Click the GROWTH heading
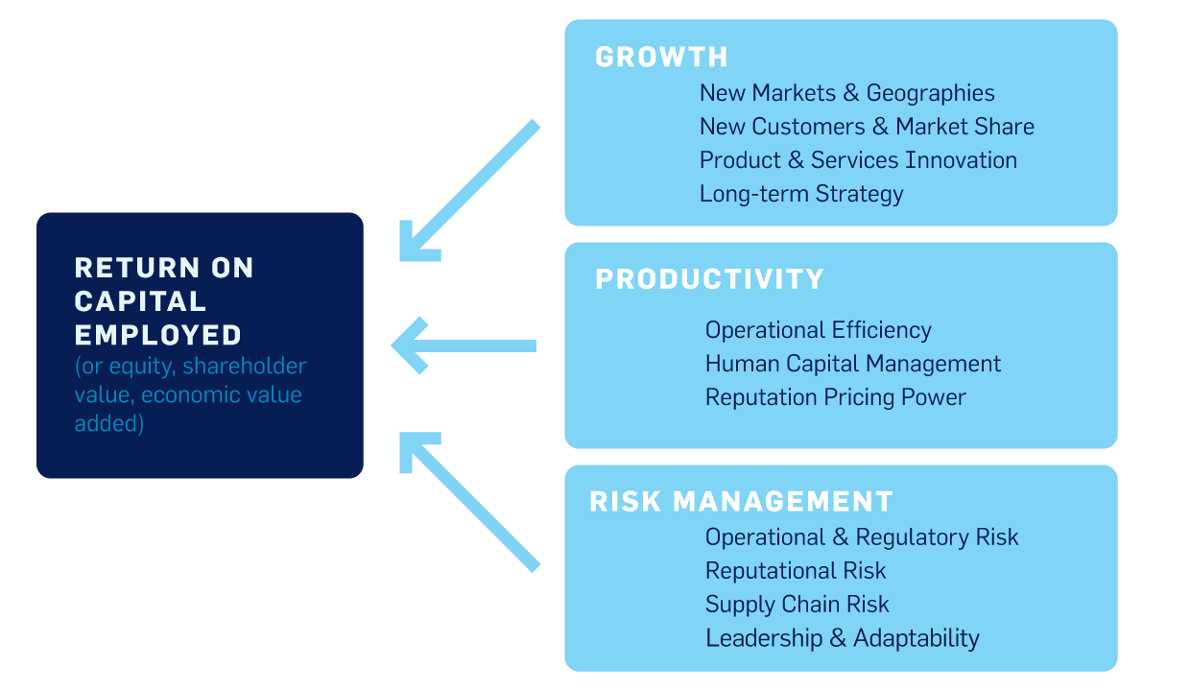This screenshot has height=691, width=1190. (x=661, y=57)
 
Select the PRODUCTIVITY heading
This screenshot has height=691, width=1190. (x=709, y=279)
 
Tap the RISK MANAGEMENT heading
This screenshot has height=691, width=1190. (x=741, y=501)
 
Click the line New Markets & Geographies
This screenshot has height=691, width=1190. (x=846, y=93)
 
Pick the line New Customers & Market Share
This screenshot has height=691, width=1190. (x=867, y=127)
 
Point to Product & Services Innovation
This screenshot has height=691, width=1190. (x=858, y=160)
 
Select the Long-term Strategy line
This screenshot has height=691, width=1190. (x=801, y=195)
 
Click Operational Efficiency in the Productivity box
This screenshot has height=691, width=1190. (x=818, y=330)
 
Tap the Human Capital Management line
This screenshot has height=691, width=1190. (x=852, y=364)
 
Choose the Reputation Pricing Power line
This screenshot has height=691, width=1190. (x=836, y=398)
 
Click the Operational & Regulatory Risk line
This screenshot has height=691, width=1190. (x=862, y=537)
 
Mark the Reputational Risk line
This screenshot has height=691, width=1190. (x=796, y=571)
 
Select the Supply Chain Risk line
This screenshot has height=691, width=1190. (x=797, y=605)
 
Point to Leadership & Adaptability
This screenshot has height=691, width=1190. (x=842, y=638)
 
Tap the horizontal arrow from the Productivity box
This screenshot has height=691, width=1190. (x=464, y=345)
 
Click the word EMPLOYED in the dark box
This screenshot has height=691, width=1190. (x=157, y=336)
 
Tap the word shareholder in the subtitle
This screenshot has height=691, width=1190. (x=245, y=366)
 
